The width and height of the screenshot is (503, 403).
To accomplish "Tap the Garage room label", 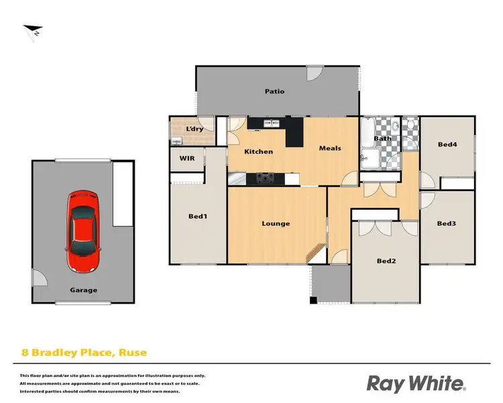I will click(x=84, y=290).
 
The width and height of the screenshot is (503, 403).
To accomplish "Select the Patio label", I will click(x=274, y=91).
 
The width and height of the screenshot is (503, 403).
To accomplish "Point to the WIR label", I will click(x=187, y=159).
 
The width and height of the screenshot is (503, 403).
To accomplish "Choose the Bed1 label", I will click(x=197, y=216).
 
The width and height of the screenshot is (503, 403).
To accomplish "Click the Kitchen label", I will click(x=258, y=151).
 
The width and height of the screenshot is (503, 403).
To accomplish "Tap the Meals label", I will click(x=330, y=148).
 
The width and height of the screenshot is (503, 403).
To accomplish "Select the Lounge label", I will click(x=276, y=223).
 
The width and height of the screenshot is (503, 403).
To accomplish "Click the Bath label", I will click(x=382, y=139).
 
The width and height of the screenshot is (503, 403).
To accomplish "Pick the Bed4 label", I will click(x=447, y=144).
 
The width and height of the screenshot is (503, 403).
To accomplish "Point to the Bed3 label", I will click(x=447, y=223).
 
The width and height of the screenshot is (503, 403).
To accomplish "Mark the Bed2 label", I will click(x=386, y=261).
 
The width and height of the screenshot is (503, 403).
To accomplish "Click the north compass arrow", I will click(x=31, y=31).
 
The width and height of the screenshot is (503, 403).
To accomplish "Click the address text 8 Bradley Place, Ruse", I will click(x=84, y=351).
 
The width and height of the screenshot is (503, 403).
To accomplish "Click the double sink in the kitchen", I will click(x=272, y=124).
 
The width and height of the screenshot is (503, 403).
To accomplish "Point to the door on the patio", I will click(x=313, y=74).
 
